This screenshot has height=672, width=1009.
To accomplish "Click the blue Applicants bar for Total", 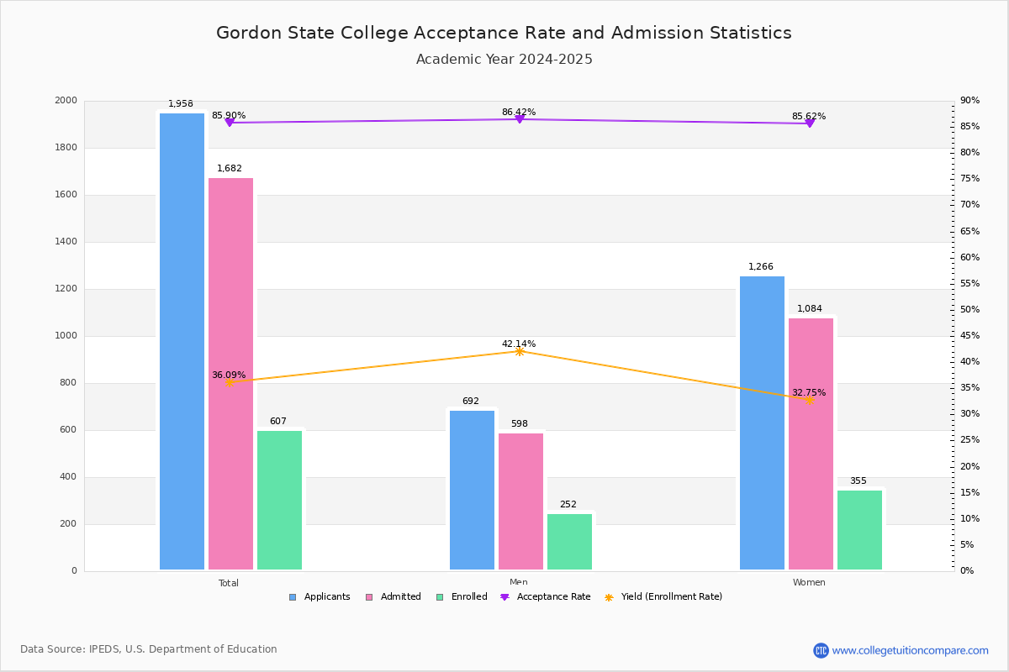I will click(182, 341).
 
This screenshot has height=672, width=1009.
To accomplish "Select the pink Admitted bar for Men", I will click(520, 501).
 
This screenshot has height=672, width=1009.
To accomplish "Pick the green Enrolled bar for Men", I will click(569, 542).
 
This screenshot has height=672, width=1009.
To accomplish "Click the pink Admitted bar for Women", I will click(811, 444).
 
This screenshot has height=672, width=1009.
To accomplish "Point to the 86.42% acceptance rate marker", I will click(519, 119).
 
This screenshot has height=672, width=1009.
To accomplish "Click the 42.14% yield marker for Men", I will click(519, 351).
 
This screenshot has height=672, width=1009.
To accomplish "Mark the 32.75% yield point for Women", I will click(809, 401).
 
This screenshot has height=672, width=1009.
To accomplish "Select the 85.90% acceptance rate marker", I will click(229, 123).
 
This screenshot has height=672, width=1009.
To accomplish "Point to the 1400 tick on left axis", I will click(66, 242).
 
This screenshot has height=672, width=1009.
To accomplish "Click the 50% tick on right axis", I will click(969, 310).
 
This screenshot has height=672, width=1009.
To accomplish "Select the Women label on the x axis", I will click(809, 583).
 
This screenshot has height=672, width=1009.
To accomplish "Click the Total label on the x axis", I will click(229, 583).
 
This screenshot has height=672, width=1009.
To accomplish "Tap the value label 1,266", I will click(761, 267).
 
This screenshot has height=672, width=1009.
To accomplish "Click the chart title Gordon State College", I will click(504, 33).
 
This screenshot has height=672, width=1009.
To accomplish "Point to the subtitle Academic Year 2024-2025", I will click(504, 60).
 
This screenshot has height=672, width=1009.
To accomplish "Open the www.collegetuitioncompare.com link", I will click(910, 650).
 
